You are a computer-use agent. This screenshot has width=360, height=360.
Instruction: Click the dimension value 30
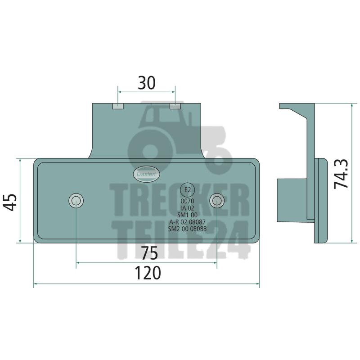click(x=147, y=83)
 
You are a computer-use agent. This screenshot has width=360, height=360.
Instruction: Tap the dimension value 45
click(x=10, y=202)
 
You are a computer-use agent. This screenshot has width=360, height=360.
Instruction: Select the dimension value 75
click(x=149, y=253)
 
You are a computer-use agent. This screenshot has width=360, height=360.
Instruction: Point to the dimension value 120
click(x=148, y=273)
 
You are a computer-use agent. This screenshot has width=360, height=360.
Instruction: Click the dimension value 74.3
click(x=341, y=174)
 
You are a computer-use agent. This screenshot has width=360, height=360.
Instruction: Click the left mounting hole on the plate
click(x=76, y=201)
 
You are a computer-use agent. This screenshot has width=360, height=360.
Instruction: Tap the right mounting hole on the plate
click(x=217, y=201)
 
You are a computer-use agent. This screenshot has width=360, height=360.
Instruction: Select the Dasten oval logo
click(x=146, y=174)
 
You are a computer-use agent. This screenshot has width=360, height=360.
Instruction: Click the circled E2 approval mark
click(x=188, y=190)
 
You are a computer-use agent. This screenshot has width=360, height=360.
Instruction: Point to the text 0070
click(x=187, y=201)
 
